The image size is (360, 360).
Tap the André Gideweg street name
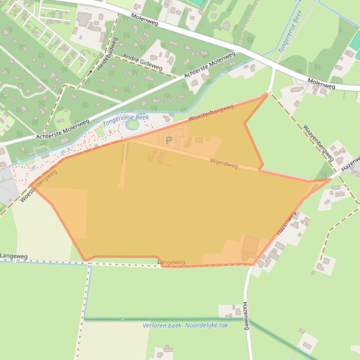point(142,62)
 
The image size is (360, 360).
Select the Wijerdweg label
point(224,164)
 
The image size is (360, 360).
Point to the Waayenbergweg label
point(318,142)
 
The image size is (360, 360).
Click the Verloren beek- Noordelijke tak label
point(185,325)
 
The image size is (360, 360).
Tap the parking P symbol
point(169,140)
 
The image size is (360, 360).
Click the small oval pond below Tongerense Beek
point(132,125)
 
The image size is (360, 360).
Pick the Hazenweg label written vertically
point(246,316)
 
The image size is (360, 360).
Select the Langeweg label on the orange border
point(172,263)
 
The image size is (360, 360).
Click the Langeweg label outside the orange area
point(14,256)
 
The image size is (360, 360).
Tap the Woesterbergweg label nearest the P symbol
point(211,114)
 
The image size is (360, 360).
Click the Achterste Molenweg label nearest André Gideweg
point(209,65)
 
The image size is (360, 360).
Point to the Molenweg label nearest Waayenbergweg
point(321,83)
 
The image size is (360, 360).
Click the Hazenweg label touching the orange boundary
point(287,223)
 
